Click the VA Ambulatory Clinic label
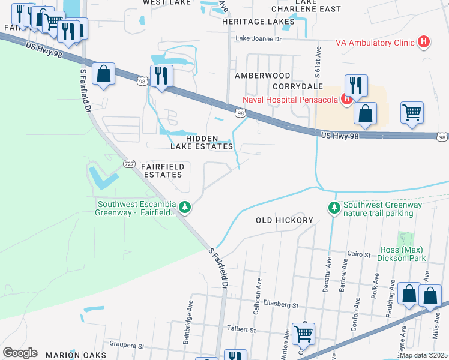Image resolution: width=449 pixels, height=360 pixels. tap(375, 43)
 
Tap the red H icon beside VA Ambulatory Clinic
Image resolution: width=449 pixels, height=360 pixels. tap(424, 42)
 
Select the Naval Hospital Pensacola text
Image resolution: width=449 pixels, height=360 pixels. tap(291, 100)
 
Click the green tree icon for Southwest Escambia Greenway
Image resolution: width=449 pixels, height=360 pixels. tap(185, 207)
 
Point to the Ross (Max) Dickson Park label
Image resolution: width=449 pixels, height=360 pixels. tap(403, 254)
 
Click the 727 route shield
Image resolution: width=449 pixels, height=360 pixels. tap(129, 164)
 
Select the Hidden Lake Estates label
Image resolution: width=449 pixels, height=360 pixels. tap(209, 142)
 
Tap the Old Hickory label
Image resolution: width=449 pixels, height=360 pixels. tap(285, 220)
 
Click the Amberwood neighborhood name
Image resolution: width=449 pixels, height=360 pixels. tap(262, 76)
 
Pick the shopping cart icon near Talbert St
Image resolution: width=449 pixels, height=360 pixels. tap(303, 334)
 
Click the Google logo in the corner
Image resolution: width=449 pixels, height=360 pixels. tap(20, 353)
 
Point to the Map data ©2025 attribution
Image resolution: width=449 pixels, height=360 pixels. tap(423, 355)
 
